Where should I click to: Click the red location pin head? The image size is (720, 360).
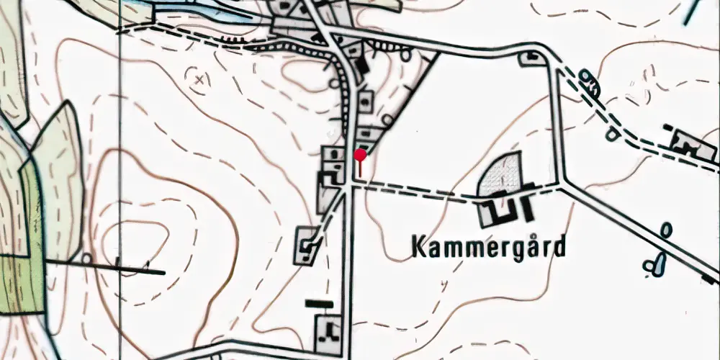[x=360, y=153]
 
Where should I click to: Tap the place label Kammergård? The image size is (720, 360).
[x=489, y=248]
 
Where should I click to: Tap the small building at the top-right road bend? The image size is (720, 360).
[x=534, y=58]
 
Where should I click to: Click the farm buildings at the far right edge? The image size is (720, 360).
[x=688, y=142]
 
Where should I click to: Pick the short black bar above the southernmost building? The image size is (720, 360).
[x=319, y=304]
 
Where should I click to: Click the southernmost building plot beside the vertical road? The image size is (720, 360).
[x=329, y=330]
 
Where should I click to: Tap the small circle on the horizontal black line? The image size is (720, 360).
[x=87, y=258]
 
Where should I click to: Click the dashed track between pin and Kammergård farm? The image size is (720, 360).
[x=418, y=192]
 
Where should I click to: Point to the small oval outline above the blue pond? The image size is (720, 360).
[x=666, y=231]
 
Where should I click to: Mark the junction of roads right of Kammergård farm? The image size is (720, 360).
[x=562, y=184]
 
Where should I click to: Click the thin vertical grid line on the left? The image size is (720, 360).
[x=120, y=180]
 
